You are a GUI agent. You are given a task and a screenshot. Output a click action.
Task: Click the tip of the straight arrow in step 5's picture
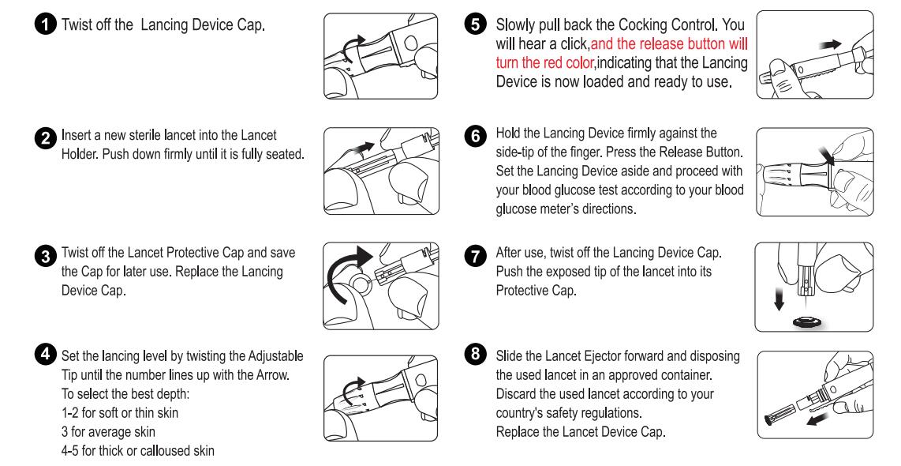tap(842, 43)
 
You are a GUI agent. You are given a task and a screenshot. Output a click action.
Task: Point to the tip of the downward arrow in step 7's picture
tap(779, 310)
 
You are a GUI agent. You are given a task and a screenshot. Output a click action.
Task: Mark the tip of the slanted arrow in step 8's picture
tap(806, 423)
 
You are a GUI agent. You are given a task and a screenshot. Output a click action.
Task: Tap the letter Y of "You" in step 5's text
tap(727, 24)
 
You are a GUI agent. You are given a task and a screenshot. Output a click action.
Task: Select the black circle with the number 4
tap(46, 354)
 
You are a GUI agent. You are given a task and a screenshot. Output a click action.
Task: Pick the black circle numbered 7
tap(475, 255)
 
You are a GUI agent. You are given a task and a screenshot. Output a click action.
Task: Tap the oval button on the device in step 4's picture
tap(421, 381)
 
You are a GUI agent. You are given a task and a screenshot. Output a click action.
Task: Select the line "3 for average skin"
tap(108, 431)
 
